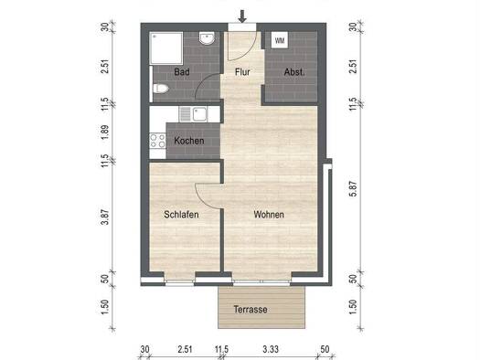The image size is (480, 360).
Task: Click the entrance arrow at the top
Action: click(x=242, y=16)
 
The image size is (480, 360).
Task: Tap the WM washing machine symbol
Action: click(x=278, y=40)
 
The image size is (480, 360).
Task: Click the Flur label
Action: click(x=242, y=71)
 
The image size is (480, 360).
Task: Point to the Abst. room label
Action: click(x=294, y=71)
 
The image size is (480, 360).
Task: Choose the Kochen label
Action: click(x=188, y=141)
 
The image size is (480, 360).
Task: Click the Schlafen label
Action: click(x=181, y=215)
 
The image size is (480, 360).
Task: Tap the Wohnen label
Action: click(x=269, y=215)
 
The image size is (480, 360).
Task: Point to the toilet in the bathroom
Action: click(x=161, y=89)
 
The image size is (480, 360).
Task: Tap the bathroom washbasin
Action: click(x=208, y=40)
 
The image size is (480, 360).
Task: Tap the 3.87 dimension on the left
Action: click(x=106, y=217)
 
